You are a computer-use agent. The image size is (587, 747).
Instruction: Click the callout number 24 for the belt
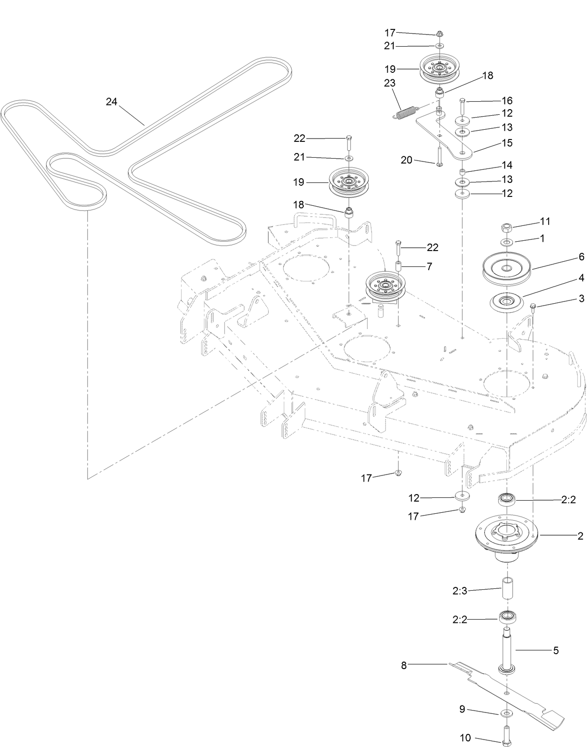(111, 101)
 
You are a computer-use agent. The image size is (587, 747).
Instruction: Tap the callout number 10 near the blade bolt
(465, 738)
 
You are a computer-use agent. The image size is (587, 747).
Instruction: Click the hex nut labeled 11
(507, 228)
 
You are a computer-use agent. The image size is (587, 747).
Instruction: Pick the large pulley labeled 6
(507, 269)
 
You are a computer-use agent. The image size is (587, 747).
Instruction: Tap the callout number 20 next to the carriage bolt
(406, 160)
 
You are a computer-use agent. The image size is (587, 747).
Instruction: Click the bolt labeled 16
(462, 108)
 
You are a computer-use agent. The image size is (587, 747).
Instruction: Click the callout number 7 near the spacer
(429, 266)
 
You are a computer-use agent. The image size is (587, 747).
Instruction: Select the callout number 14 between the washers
(507, 165)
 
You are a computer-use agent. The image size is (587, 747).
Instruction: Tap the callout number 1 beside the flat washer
(542, 238)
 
